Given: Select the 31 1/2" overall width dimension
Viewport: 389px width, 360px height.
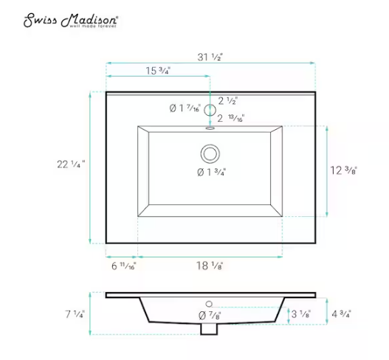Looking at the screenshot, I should point(210,56).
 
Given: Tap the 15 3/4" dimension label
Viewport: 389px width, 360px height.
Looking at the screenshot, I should point(157,72).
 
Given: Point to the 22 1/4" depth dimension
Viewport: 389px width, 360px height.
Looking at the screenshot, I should point(72,165).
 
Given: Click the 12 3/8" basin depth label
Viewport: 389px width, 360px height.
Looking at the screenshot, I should point(344,170).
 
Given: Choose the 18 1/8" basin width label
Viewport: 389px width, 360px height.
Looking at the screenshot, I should point(210,264).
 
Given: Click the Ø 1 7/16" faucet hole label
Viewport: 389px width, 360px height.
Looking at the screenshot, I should point(184,109).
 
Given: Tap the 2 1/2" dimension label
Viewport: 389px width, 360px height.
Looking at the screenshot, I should point(228,100).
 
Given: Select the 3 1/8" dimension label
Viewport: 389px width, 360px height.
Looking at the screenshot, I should point(300,314).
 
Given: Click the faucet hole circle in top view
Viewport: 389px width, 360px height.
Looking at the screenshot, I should point(210,111).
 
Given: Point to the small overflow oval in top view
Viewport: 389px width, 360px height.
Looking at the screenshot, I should point(210,126).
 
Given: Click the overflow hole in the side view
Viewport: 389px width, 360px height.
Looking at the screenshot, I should point(209,303).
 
